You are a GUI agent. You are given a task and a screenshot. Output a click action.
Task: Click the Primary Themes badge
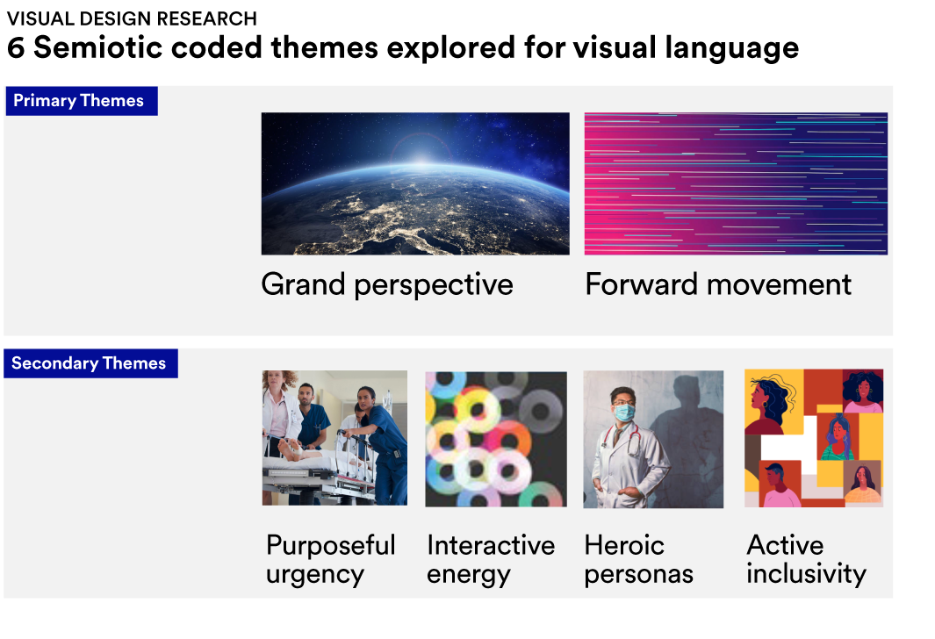click(x=82, y=101)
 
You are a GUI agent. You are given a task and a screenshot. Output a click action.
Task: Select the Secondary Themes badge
click(x=90, y=363)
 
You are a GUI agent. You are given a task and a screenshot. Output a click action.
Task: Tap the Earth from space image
click(x=415, y=183)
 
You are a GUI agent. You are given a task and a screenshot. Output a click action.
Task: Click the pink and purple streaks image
click(x=736, y=183)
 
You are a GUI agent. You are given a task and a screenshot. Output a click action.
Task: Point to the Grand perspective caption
click(x=387, y=285)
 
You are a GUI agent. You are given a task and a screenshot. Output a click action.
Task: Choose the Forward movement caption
click(x=718, y=284)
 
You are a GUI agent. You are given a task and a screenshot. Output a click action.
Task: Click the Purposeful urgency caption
click(x=330, y=560)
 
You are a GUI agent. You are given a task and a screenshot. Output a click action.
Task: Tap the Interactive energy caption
click(x=491, y=560)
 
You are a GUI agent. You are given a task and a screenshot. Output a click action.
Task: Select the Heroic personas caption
click(x=638, y=560)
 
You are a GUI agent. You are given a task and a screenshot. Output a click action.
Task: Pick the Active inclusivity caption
click(x=806, y=560)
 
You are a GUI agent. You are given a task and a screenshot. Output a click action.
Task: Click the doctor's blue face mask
click(x=624, y=413)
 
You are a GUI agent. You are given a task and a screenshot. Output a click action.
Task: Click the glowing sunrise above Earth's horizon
click(x=421, y=156)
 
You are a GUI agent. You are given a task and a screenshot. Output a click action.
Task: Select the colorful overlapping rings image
click(x=496, y=439)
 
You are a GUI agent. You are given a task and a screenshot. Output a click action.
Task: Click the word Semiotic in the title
click(x=97, y=47)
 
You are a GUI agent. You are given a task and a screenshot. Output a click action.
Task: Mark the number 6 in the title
click(x=16, y=47)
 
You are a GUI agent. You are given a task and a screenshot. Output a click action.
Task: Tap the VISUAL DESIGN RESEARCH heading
click(x=132, y=18)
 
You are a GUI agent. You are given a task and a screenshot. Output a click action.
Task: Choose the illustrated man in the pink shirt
click(x=779, y=485)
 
